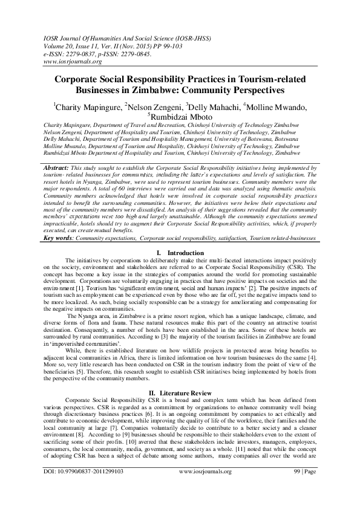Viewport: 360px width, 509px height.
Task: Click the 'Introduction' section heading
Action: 186,251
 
